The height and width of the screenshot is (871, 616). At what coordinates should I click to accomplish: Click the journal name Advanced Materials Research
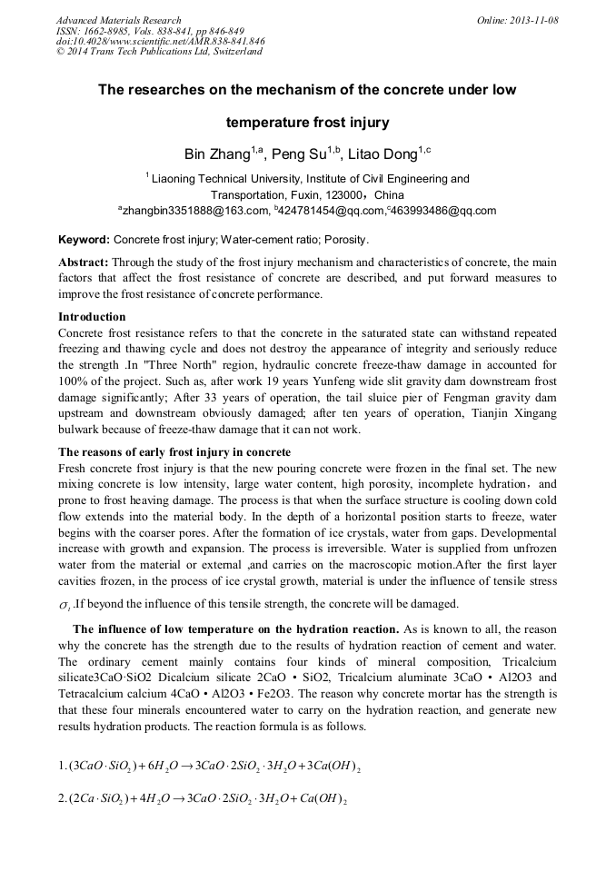point(118,20)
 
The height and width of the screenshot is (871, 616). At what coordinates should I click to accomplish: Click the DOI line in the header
point(160,41)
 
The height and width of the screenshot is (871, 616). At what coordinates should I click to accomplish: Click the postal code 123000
point(341,195)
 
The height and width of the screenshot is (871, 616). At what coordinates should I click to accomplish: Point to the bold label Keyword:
point(84,241)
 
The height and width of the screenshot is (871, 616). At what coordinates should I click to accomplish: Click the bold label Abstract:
point(84,262)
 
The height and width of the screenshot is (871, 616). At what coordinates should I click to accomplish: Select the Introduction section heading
point(92,317)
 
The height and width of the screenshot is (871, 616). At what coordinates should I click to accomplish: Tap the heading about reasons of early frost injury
point(174,452)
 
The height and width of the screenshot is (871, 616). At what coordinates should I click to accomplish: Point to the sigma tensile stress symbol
point(64,605)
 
